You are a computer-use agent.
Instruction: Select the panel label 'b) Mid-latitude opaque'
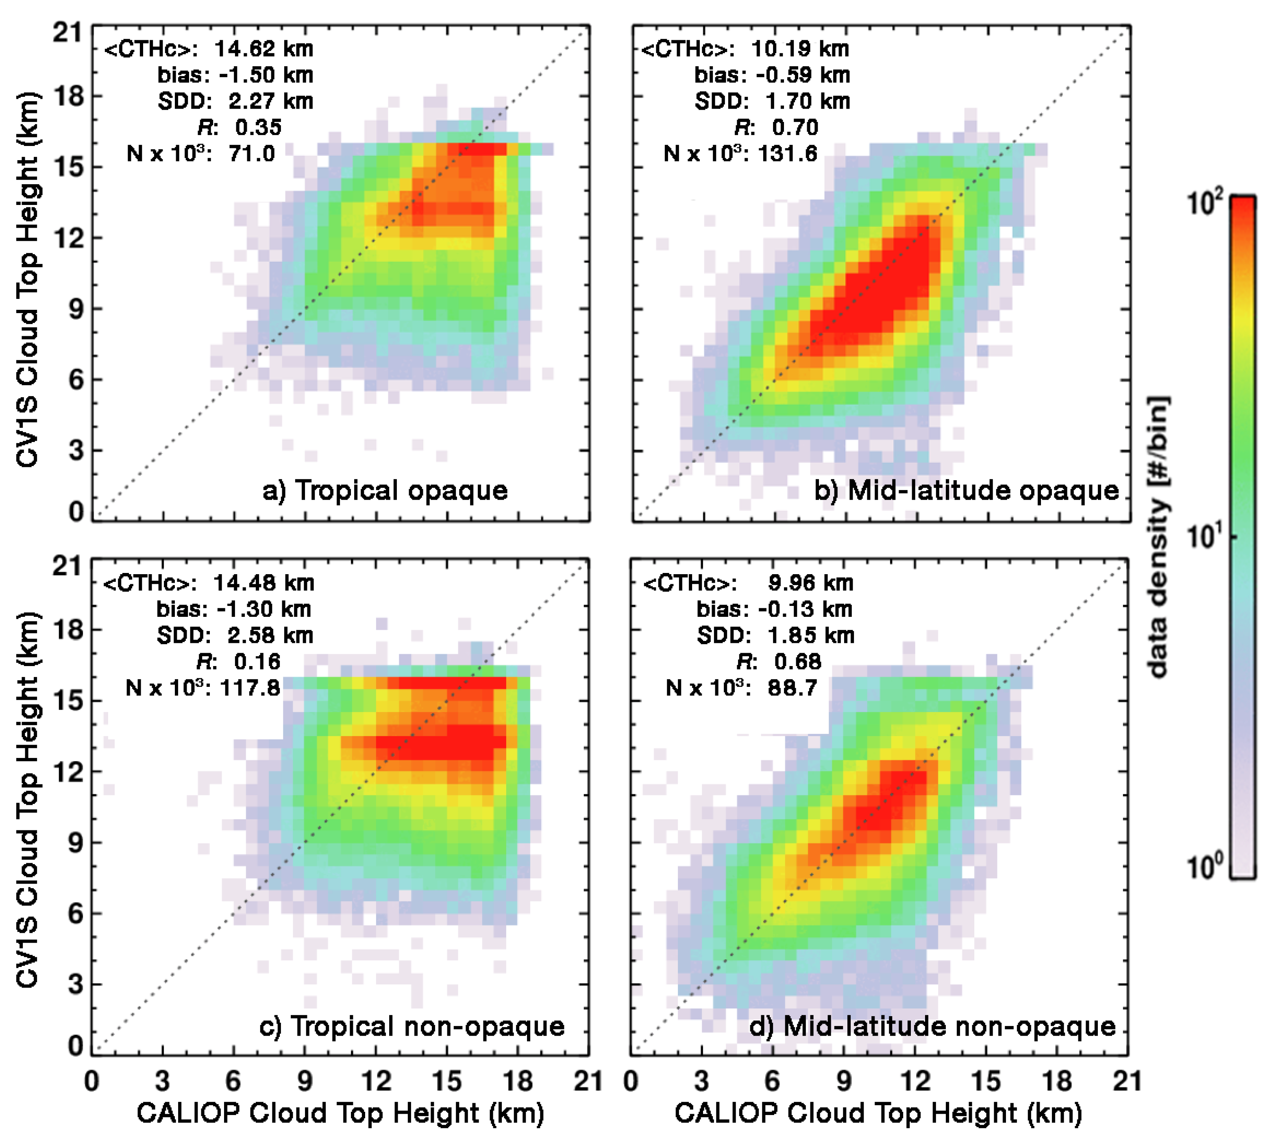click(966, 490)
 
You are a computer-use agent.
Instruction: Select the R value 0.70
click(794, 128)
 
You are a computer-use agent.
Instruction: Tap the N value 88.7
click(793, 688)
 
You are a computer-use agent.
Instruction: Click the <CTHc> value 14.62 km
click(263, 49)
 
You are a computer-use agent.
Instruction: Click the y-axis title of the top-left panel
click(28, 280)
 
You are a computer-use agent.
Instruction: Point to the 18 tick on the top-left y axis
click(69, 97)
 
